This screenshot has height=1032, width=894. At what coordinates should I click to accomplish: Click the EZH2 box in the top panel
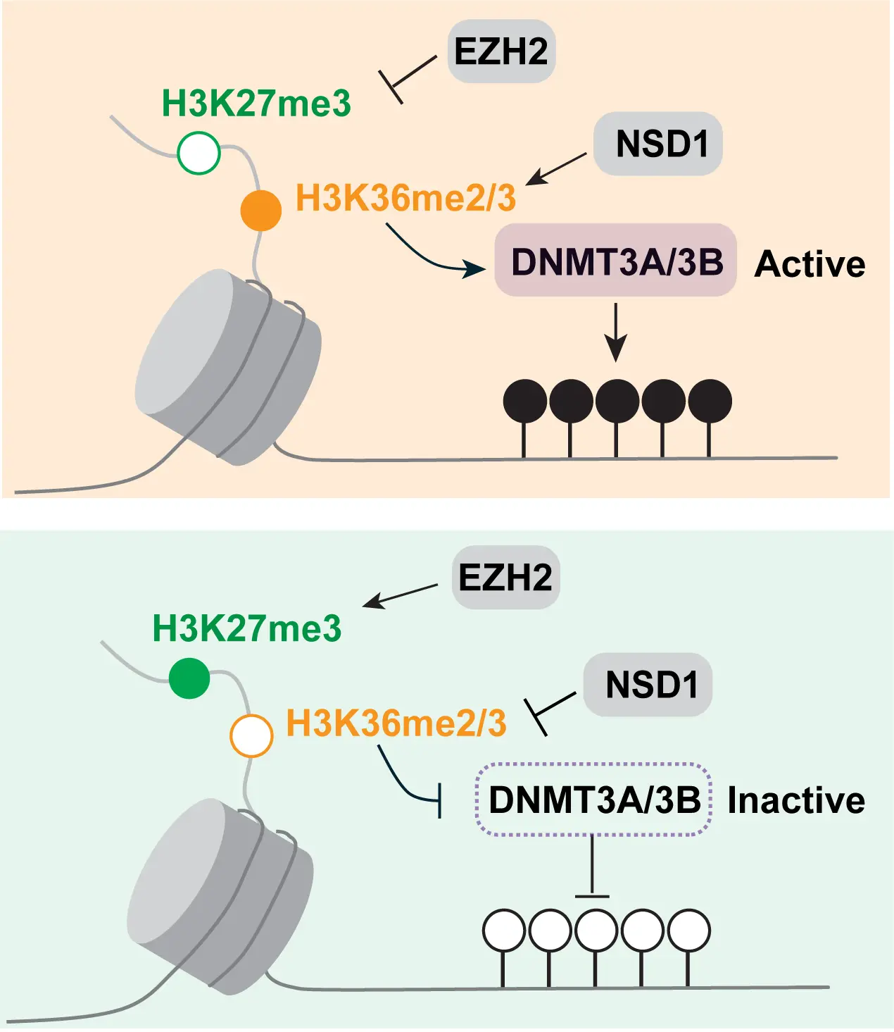pos(501,51)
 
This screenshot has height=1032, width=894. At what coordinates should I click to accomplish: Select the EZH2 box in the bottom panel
pos(505,577)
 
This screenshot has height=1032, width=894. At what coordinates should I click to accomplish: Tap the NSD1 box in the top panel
pos(658,144)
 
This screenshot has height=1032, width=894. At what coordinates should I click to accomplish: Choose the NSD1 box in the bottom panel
pos(648,685)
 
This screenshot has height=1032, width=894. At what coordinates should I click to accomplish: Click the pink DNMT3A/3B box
pos(616,261)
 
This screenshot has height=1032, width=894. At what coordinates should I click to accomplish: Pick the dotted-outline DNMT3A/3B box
pos(594,800)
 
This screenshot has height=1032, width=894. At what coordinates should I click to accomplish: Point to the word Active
pos(810,264)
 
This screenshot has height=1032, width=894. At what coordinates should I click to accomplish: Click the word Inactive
pos(795,800)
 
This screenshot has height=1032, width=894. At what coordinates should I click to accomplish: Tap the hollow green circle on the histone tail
pos(199,152)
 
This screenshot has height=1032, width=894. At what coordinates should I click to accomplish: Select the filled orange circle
pos(261,210)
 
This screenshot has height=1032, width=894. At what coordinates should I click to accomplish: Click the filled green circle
pos(189,678)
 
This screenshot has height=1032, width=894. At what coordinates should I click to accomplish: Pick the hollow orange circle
pos(251,735)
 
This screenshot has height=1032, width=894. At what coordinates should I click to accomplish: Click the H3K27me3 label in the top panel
pos(256,104)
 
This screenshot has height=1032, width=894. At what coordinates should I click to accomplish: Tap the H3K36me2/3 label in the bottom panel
pos(396,723)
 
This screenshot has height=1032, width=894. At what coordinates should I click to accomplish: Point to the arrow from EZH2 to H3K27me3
pos(400,596)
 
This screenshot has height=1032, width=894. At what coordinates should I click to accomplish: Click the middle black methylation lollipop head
pos(617,400)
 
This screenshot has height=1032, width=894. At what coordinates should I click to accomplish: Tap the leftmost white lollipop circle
pos(504,930)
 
